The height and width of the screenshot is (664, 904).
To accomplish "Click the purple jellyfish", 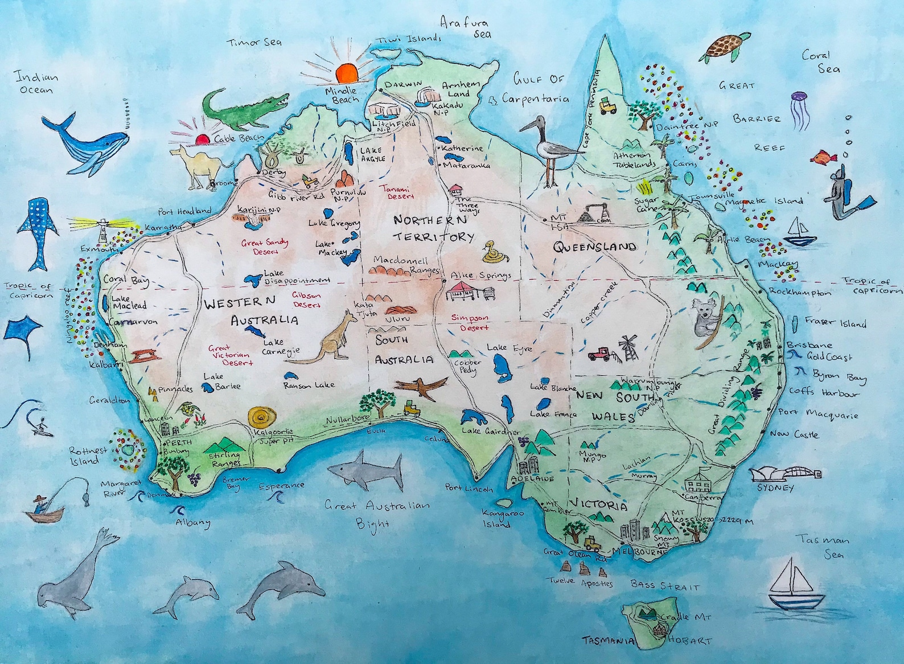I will (x=798, y=106).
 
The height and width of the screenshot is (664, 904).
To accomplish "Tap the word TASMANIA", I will (x=608, y=641).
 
